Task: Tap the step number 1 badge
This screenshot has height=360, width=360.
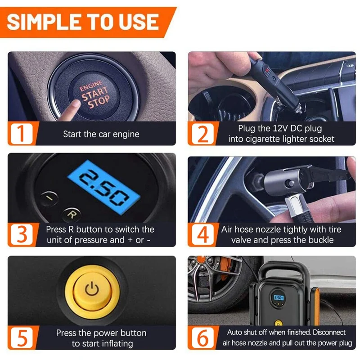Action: click(x=22, y=134)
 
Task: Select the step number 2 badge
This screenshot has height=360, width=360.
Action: click(x=202, y=134)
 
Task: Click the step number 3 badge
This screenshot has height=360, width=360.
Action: click(x=22, y=234)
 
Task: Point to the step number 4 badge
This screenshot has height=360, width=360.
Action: click(x=202, y=234)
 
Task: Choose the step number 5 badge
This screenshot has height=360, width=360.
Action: click(x=22, y=338)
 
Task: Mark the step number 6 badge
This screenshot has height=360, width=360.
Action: click(x=202, y=338)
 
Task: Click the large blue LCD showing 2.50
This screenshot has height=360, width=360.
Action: click(x=104, y=187)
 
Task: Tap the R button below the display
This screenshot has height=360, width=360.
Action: click(x=72, y=215)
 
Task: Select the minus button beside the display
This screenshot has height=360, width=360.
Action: click(x=49, y=198)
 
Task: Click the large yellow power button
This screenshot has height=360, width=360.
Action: click(x=92, y=290)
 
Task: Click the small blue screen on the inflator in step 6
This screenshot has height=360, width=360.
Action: click(x=278, y=298)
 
